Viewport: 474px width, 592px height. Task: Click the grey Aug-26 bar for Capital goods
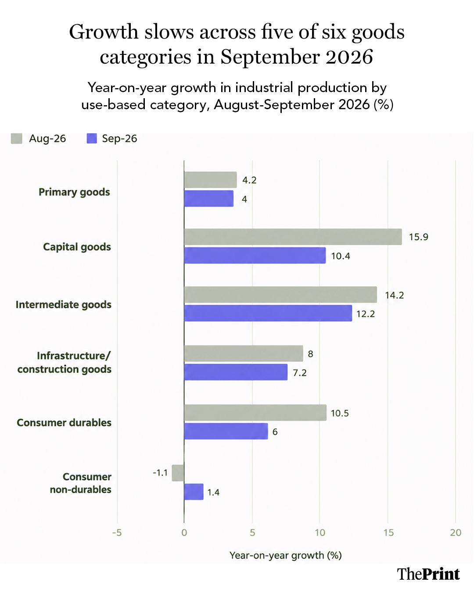pyautogui.click(x=293, y=236)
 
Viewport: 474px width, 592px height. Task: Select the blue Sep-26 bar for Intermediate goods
pyautogui.click(x=268, y=313)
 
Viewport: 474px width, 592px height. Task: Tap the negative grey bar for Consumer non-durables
pyautogui.click(x=178, y=473)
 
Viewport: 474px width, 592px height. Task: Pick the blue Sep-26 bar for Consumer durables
pyautogui.click(x=226, y=431)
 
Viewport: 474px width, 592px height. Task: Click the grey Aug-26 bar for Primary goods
pyautogui.click(x=210, y=180)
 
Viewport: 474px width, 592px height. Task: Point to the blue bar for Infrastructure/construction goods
pyautogui.click(x=236, y=372)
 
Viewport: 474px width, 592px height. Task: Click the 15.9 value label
pyautogui.click(x=418, y=237)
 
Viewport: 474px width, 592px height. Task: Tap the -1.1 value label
pyautogui.click(x=160, y=473)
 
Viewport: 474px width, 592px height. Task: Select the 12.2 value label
pyautogui.click(x=366, y=314)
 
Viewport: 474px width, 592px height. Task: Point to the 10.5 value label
pyautogui.click(x=340, y=413)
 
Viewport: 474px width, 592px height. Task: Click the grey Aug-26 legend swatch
pyautogui.click(x=17, y=139)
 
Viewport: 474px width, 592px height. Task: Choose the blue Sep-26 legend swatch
pyautogui.click(x=92, y=139)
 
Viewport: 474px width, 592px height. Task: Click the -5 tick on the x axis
pyautogui.click(x=117, y=533)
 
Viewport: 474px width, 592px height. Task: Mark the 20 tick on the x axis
pyautogui.click(x=456, y=533)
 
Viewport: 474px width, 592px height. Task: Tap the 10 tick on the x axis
pyautogui.click(x=320, y=533)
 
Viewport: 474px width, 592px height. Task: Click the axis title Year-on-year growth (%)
pyautogui.click(x=286, y=556)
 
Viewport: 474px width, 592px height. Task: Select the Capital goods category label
pyautogui.click(x=77, y=247)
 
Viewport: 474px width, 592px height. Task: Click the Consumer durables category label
pyautogui.click(x=64, y=423)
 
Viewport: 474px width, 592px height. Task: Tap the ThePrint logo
pyautogui.click(x=428, y=574)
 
